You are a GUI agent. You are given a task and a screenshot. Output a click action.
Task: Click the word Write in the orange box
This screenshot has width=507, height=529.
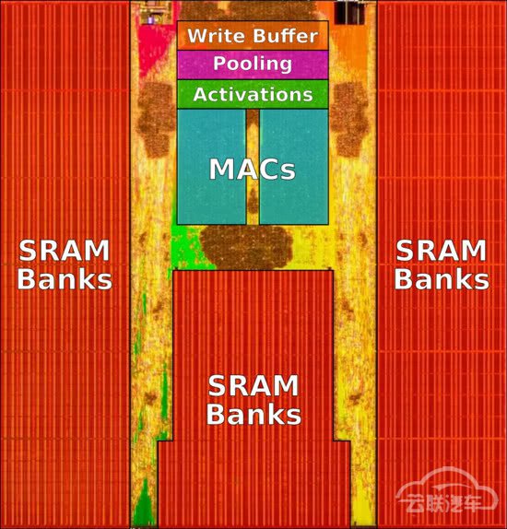tap(217, 36)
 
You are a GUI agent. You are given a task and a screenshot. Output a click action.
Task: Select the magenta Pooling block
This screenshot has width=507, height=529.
tap(253, 65)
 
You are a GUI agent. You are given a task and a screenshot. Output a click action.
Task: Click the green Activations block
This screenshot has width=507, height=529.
tap(253, 94)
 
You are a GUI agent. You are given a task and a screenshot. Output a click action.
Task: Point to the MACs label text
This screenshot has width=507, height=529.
tap(253, 169)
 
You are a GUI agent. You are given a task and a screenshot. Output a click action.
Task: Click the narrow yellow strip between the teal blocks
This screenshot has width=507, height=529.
tap(253, 167)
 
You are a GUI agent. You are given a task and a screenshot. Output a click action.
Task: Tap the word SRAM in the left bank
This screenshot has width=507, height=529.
tap(65, 251)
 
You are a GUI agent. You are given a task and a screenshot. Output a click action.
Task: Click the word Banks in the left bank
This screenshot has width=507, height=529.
tap(65, 278)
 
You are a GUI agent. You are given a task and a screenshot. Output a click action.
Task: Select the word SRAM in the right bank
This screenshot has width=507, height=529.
tap(442, 251)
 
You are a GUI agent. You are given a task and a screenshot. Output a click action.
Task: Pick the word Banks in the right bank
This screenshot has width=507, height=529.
tap(442, 278)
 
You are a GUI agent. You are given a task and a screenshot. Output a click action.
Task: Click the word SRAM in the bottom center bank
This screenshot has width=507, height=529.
tap(253, 386)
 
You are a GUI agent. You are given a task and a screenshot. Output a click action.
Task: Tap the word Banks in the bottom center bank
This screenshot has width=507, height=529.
tap(253, 415)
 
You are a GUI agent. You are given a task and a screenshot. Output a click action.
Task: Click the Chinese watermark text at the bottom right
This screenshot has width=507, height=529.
tap(446, 502)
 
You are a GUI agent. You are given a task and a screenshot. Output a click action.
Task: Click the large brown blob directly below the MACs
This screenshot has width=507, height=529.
tap(246, 246)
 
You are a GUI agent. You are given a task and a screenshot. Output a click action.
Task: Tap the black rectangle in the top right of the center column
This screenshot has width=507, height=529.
tap(349, 13)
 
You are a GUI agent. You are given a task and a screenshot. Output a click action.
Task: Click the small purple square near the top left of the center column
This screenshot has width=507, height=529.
tap(151, 20)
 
